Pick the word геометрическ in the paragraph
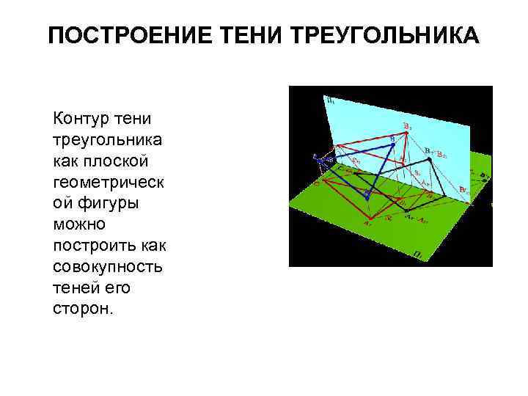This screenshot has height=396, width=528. (x=108, y=180)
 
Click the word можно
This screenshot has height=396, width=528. (x=78, y=222)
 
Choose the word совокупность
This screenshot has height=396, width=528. (x=108, y=265)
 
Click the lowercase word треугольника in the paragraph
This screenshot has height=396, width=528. (x=108, y=139)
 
